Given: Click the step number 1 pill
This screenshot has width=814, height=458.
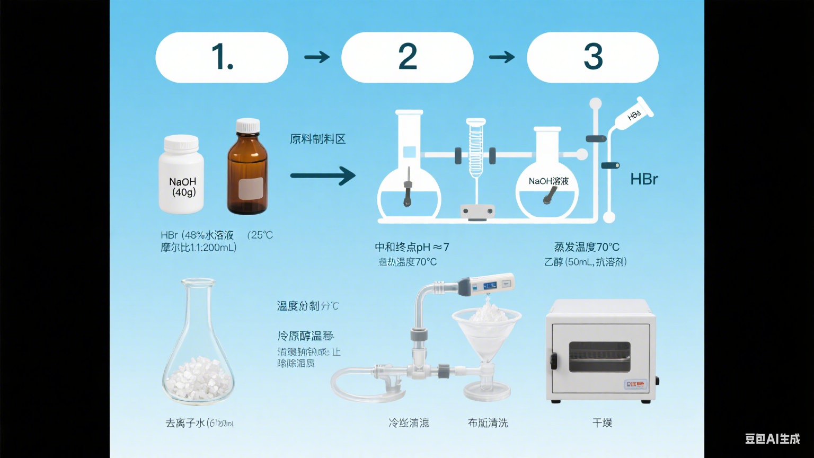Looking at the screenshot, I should pyautogui.click(x=222, y=57).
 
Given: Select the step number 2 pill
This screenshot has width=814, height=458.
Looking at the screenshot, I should pyautogui.click(x=407, y=57).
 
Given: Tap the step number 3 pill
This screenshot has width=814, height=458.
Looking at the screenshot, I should pyautogui.click(x=592, y=57).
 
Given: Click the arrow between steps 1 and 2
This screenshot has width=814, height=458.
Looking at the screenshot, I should pyautogui.click(x=317, y=57).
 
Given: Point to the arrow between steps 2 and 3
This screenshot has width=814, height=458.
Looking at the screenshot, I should pyautogui.click(x=501, y=57).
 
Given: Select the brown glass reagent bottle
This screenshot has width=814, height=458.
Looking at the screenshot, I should pyautogui.click(x=247, y=175).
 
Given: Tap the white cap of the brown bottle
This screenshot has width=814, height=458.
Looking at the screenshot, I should pyautogui.click(x=248, y=126).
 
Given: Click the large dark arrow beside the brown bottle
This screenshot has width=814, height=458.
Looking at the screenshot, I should pyautogui.click(x=322, y=175).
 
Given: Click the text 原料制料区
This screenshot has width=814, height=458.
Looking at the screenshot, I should pyautogui.click(x=317, y=139).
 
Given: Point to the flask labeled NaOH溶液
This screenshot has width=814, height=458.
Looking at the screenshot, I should pyautogui.click(x=547, y=186).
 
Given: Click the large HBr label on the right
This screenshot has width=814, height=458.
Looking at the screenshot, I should pyautogui.click(x=644, y=179).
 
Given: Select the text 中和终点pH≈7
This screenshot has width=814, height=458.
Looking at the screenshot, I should pyautogui.click(x=412, y=247).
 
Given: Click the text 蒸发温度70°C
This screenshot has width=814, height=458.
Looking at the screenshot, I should pyautogui.click(x=586, y=247).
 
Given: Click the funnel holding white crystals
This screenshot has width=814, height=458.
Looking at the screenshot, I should pyautogui.click(x=486, y=331).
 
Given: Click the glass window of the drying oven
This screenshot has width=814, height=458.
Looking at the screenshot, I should pyautogui.click(x=599, y=356).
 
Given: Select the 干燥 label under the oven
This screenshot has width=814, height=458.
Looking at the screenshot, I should pyautogui.click(x=602, y=423).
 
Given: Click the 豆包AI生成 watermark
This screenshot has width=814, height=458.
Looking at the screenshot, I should pyautogui.click(x=772, y=438).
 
